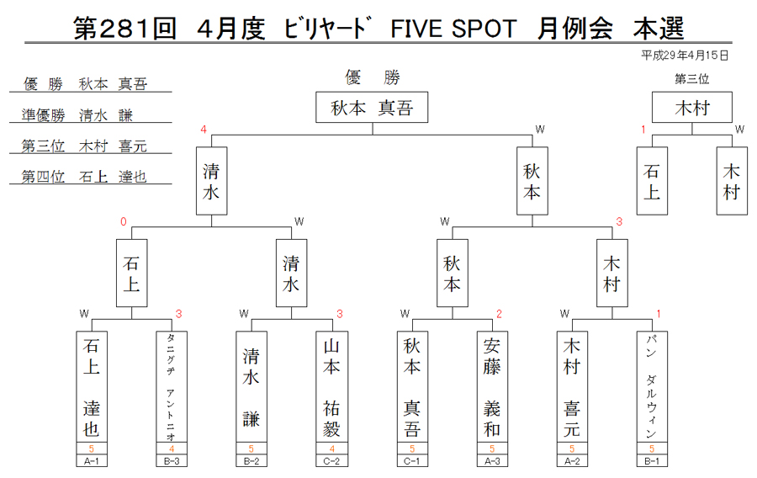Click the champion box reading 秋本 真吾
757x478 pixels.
pyautogui.click(x=372, y=107)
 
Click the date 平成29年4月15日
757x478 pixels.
pyautogui.click(x=685, y=56)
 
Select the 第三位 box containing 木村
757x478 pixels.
pyautogui.click(x=692, y=107)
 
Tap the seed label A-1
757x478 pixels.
pyautogui.click(x=91, y=460)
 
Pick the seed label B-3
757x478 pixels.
pyautogui.click(x=172, y=460)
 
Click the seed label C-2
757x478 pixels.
pyautogui.click(x=331, y=460)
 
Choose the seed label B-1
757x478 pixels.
pyautogui.click(x=652, y=460)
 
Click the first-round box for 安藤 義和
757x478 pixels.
pyautogui.click(x=492, y=386)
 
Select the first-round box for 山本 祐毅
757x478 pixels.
pyautogui.click(x=331, y=386)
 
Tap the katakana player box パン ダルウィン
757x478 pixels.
pyautogui.click(x=652, y=386)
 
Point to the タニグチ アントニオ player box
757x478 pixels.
pyautogui.click(x=172, y=386)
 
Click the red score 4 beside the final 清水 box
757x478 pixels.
pyautogui.click(x=204, y=130)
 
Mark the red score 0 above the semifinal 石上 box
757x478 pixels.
pyautogui.click(x=124, y=221)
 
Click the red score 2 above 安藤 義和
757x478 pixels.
pyautogui.click(x=499, y=314)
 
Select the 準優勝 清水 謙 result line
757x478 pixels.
pyautogui.click(x=77, y=115)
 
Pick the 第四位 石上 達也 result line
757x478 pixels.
pyautogui.click(x=84, y=177)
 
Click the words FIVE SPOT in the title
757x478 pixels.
pyautogui.click(x=453, y=29)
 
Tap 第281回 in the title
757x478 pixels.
pyautogui.click(x=124, y=29)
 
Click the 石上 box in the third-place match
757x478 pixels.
pyautogui.click(x=652, y=181)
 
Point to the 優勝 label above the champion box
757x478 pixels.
pyautogui.click(x=373, y=77)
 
